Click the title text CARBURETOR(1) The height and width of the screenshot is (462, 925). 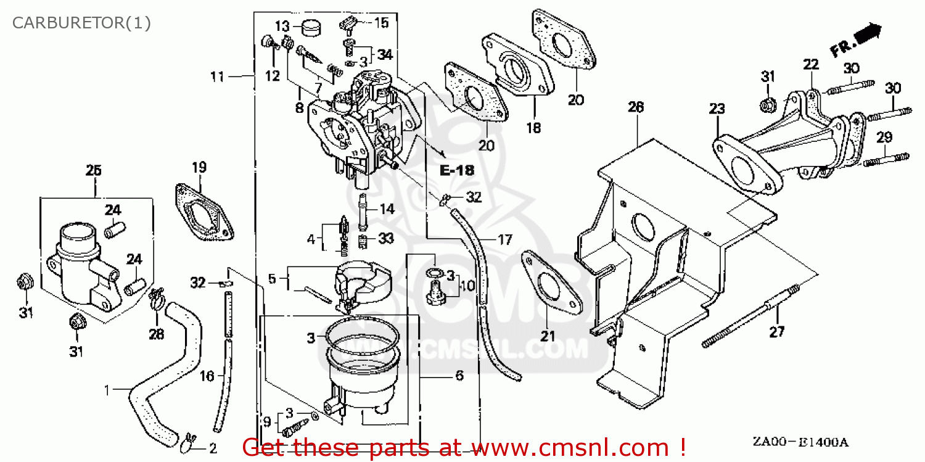82,23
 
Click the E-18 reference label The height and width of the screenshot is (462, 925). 456,171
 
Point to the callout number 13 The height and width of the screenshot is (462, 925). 282,26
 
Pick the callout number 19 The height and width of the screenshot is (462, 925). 199,167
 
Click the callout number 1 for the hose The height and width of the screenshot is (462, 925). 107,390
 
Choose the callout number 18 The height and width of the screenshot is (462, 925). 533,128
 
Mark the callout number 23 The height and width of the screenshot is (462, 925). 717,109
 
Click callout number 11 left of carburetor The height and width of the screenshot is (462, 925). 216,76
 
